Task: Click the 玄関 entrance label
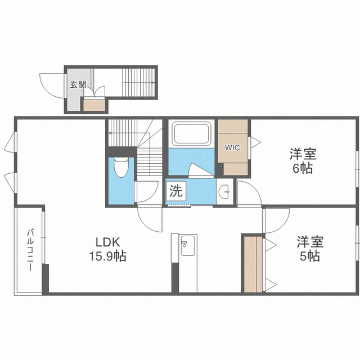point(78,85)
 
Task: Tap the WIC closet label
point(232,147)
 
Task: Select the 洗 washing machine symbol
point(176,191)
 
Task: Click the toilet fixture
point(121,167)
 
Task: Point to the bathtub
point(191,133)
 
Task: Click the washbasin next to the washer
point(225,191)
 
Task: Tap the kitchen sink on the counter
point(188,245)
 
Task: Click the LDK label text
point(108,242)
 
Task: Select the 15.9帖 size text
point(107,256)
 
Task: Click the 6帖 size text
point(303,169)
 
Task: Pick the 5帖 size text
point(309,256)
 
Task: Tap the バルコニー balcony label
point(30,250)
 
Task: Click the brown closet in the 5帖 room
point(253,264)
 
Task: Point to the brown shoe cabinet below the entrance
point(94,105)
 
